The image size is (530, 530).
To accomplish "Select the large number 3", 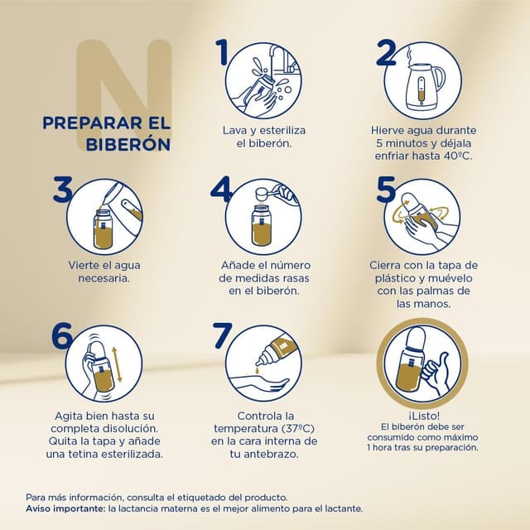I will click(x=63, y=189).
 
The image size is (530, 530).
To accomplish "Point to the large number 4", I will click(x=220, y=189).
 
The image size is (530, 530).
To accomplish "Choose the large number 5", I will click(x=386, y=189).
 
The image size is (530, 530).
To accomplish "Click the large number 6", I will click(x=62, y=335).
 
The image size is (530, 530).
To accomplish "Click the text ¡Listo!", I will click(x=422, y=415).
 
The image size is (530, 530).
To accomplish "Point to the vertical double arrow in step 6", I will click(x=118, y=364).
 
